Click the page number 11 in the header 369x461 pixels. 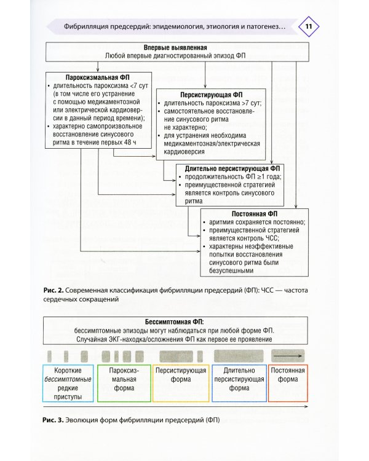tap(309, 27)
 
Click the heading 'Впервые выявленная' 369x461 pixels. tap(175, 47)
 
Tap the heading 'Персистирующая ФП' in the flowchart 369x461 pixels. tap(208, 95)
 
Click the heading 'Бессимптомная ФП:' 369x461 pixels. tap(175, 321)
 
